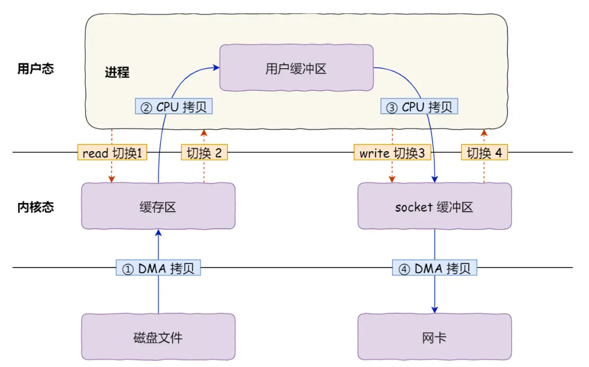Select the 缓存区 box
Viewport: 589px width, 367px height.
[158, 207]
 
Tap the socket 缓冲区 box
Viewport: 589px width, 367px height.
[434, 207]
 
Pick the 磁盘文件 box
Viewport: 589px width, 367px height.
[158, 337]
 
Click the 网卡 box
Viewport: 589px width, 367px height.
[434, 337]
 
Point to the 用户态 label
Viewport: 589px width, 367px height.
[35, 69]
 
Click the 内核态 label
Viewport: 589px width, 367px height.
[35, 207]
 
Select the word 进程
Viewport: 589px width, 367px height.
[117, 73]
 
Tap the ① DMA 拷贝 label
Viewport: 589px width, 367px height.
[158, 268]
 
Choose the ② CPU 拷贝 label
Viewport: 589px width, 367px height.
[173, 107]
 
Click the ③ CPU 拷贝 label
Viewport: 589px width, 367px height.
[419, 107]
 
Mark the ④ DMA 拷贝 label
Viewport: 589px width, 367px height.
[434, 268]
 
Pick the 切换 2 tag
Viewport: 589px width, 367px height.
[204, 153]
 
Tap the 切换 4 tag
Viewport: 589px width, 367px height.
[484, 153]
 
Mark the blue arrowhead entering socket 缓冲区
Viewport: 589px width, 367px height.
[435, 179]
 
